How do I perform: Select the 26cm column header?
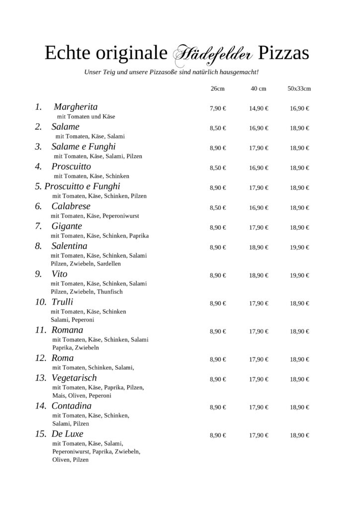tap(217, 88)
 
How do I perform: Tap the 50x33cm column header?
tap(299, 88)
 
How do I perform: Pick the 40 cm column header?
tap(259, 88)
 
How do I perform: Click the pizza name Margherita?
tap(76, 107)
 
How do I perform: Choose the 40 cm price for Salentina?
tap(259, 247)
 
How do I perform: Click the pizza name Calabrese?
tap(71, 206)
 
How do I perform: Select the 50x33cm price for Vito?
tap(299, 275)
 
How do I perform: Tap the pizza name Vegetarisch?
tap(74, 378)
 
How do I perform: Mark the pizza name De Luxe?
tap(67, 433)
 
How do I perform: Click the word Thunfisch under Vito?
tap(110, 292)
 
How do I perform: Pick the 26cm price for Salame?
tap(218, 128)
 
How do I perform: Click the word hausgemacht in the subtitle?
tap(236, 72)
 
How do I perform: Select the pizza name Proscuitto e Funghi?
tap(83, 186)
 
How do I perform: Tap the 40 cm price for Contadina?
tap(259, 407)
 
